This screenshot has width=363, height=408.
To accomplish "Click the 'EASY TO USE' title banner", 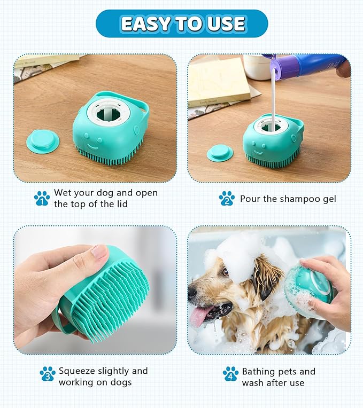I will [x=182, y=23].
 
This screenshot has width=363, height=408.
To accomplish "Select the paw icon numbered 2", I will [x=227, y=199].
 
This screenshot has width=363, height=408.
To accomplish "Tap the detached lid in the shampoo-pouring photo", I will [x=220, y=153].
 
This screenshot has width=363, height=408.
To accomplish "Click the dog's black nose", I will [x=191, y=293].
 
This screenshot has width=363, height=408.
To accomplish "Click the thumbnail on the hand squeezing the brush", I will [x=99, y=251].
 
